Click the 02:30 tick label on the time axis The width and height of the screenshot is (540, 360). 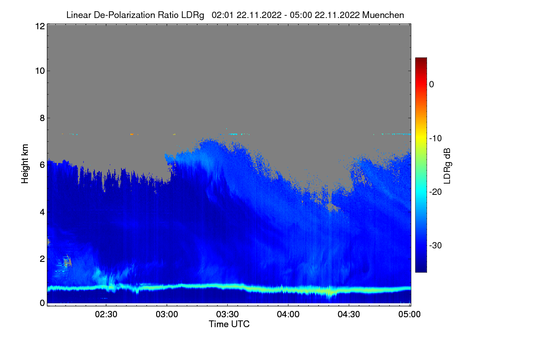106,314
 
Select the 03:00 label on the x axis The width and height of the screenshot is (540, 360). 166,314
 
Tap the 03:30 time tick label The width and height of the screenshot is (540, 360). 227,314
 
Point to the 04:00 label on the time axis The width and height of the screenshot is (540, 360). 288,314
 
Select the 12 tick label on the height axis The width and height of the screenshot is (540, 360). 39,27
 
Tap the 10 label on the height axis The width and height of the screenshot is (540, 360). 39,71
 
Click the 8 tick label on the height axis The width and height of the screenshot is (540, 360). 42,118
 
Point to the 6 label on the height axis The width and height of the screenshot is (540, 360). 42,165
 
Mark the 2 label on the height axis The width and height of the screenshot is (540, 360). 42,259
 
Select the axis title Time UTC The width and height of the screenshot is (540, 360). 229,324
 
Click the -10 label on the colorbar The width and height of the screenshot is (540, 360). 436,138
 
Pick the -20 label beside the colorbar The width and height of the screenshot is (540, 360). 436,192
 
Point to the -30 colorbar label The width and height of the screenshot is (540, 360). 436,246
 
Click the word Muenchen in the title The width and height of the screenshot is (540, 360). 383,15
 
